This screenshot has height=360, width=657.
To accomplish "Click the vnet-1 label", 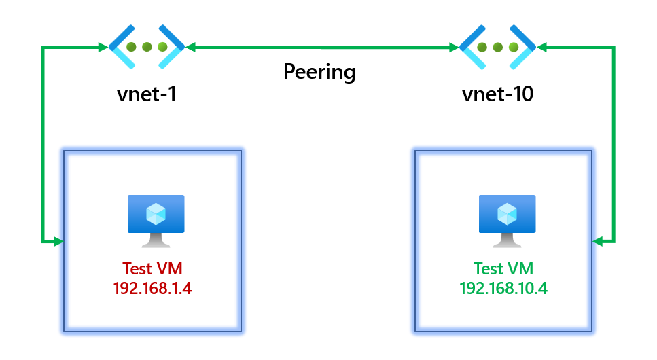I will click(147, 94).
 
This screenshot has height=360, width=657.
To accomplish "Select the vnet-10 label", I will click(497, 94).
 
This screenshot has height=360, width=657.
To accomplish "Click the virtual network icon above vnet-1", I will click(147, 47).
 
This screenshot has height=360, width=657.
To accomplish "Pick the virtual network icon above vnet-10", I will click(497, 47).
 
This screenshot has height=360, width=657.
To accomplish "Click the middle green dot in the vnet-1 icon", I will click(147, 47).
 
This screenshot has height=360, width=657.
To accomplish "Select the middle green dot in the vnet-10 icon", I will click(497, 47).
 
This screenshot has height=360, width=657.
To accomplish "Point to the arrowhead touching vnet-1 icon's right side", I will click(191, 47).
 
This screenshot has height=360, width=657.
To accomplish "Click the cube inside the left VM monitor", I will click(156, 213).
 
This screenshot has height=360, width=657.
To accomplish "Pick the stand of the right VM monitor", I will click(507, 240).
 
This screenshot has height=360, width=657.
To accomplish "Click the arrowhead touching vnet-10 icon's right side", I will click(542, 47).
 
